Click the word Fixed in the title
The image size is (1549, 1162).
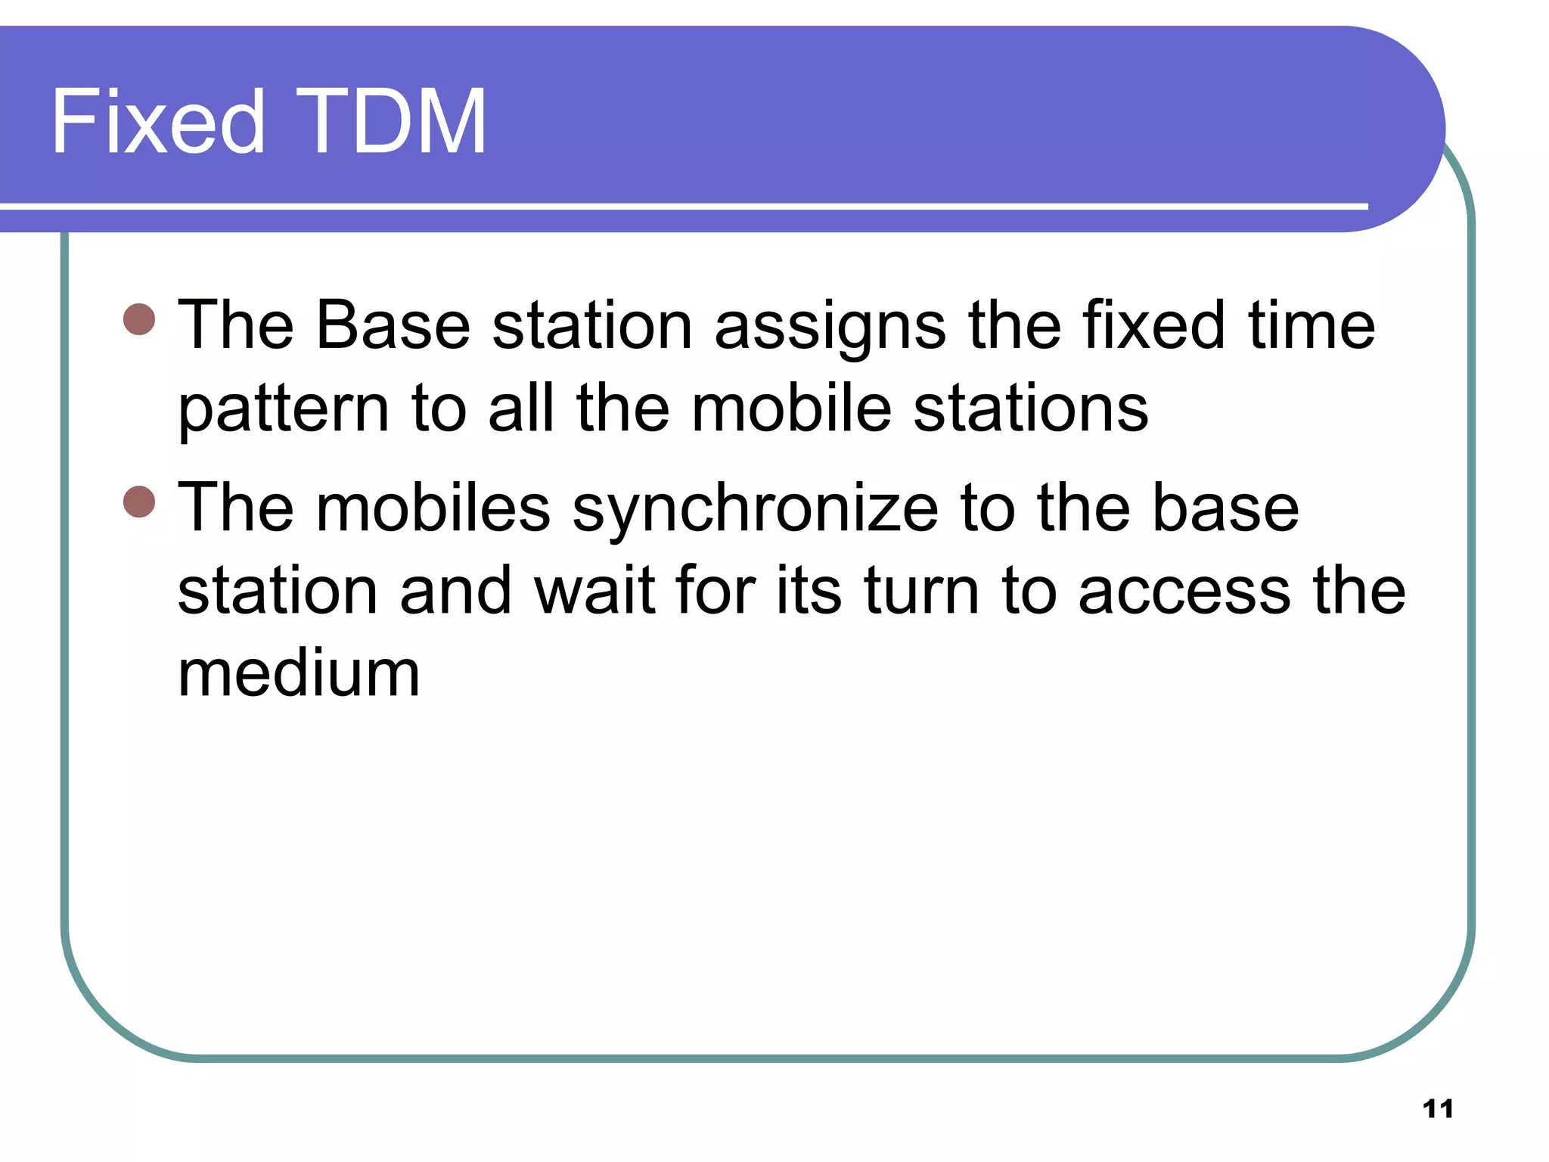(157, 123)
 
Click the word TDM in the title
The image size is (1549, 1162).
(390, 123)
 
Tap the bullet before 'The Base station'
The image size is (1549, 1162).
(139, 319)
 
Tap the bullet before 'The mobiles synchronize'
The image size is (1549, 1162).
(139, 502)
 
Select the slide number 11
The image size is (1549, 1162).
(1437, 1109)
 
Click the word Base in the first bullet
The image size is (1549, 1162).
(393, 325)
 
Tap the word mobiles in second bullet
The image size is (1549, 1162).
(433, 508)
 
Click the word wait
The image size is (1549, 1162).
(594, 591)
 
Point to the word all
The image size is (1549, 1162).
(520, 409)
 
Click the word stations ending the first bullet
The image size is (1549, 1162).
(1030, 409)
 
